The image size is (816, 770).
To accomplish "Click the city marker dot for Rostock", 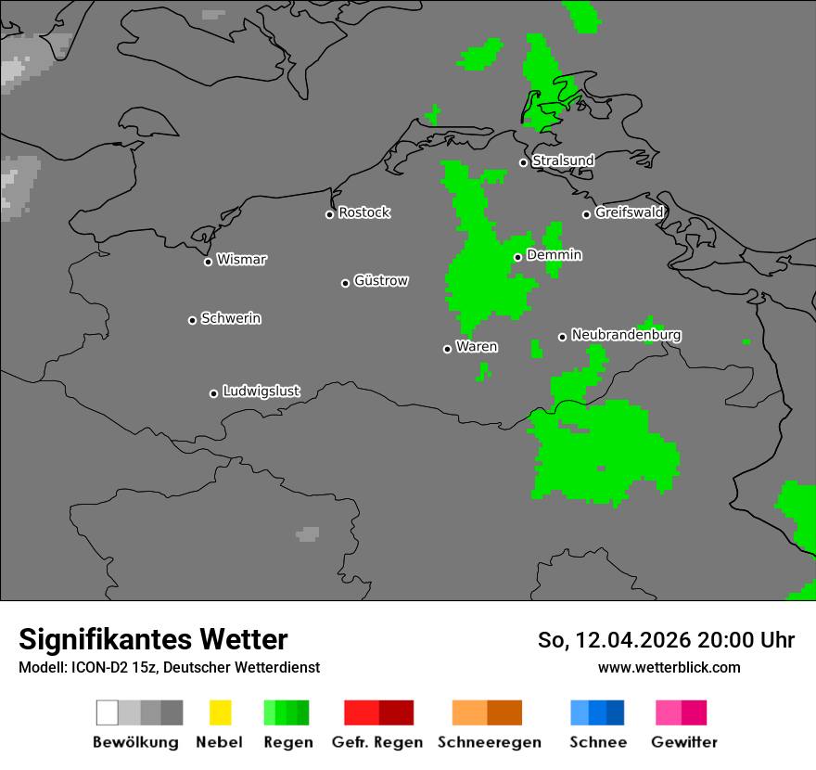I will [329, 214].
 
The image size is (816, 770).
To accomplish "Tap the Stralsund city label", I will [563, 160].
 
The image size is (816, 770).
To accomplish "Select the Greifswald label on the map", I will [629, 212].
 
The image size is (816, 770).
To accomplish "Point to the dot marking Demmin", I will [517, 257].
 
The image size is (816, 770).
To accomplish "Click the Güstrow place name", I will [381, 280].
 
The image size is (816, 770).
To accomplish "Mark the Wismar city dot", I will [208, 262].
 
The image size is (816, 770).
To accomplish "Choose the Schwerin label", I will [231, 318].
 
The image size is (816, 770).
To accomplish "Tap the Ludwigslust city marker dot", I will [213, 393].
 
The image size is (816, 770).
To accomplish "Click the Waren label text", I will [477, 347].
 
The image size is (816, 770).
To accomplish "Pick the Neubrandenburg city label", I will [626, 334].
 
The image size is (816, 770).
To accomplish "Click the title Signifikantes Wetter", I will [153, 639].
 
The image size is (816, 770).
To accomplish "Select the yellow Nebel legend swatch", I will [220, 712].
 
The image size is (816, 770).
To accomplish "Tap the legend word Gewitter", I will [684, 742].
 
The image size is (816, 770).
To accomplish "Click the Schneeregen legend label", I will [490, 742].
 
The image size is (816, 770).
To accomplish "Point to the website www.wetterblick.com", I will [669, 667].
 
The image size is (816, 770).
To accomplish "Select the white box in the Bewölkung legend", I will [107, 712].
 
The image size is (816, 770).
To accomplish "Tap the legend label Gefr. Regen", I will [377, 742].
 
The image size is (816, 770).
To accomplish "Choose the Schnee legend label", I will [598, 742].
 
